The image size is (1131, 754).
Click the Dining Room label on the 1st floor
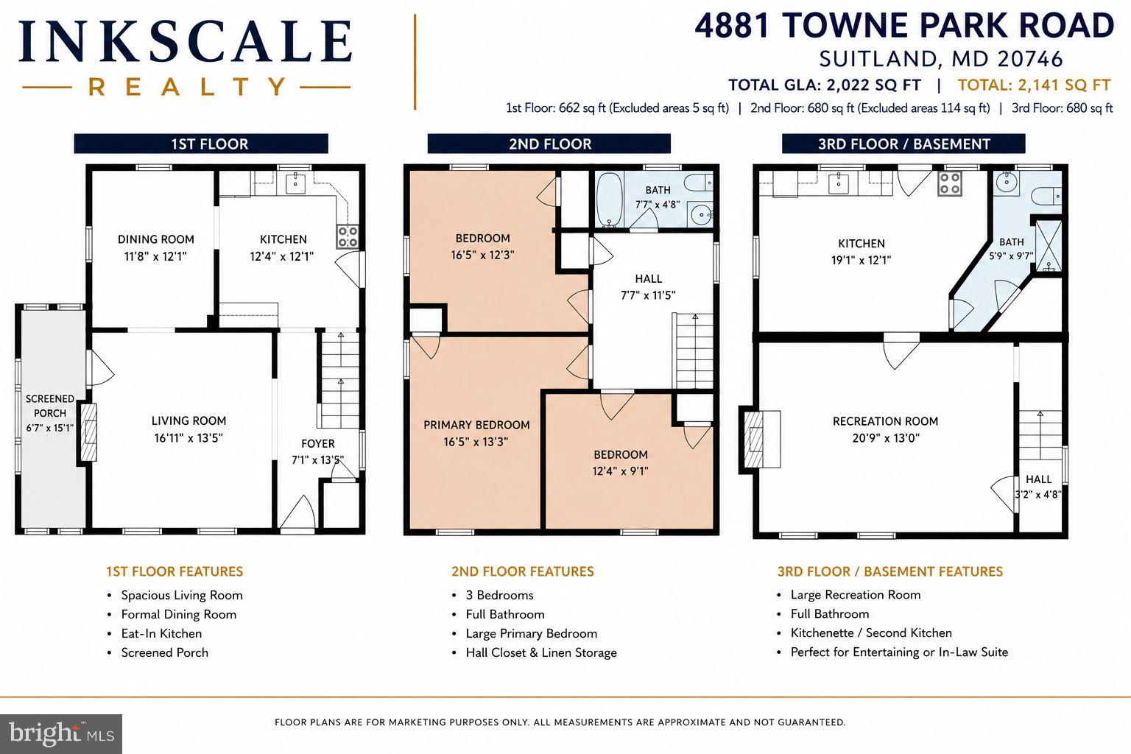pyautogui.click(x=155, y=239)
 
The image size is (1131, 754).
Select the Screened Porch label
pyautogui.click(x=50, y=406)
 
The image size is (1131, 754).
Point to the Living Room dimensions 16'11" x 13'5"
pyautogui.click(x=188, y=438)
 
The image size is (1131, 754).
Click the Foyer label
pyautogui.click(x=317, y=443)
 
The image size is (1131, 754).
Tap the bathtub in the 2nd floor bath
pyautogui.click(x=610, y=200)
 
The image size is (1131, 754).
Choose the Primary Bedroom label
pyautogui.click(x=476, y=426)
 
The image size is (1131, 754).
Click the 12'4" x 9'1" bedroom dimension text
pyautogui.click(x=620, y=471)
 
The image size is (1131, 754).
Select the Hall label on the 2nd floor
pyautogui.click(x=648, y=279)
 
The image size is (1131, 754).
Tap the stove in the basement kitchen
pyautogui.click(x=949, y=184)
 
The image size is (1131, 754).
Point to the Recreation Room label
pyautogui.click(x=885, y=422)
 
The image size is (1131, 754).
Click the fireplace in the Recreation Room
pyautogui.click(x=759, y=439)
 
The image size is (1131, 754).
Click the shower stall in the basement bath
pyautogui.click(x=1049, y=246)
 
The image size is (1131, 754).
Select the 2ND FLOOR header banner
pyautogui.click(x=549, y=144)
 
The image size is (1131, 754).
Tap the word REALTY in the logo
pyautogui.click(x=187, y=87)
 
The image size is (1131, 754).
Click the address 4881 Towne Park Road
pyautogui.click(x=903, y=26)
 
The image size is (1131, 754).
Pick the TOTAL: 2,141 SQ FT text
pyautogui.click(x=1034, y=85)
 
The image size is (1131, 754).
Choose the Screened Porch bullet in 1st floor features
pyautogui.click(x=165, y=652)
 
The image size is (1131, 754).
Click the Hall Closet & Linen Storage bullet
pyautogui.click(x=540, y=652)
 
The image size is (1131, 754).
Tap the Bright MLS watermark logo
pyautogui.click(x=61, y=734)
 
